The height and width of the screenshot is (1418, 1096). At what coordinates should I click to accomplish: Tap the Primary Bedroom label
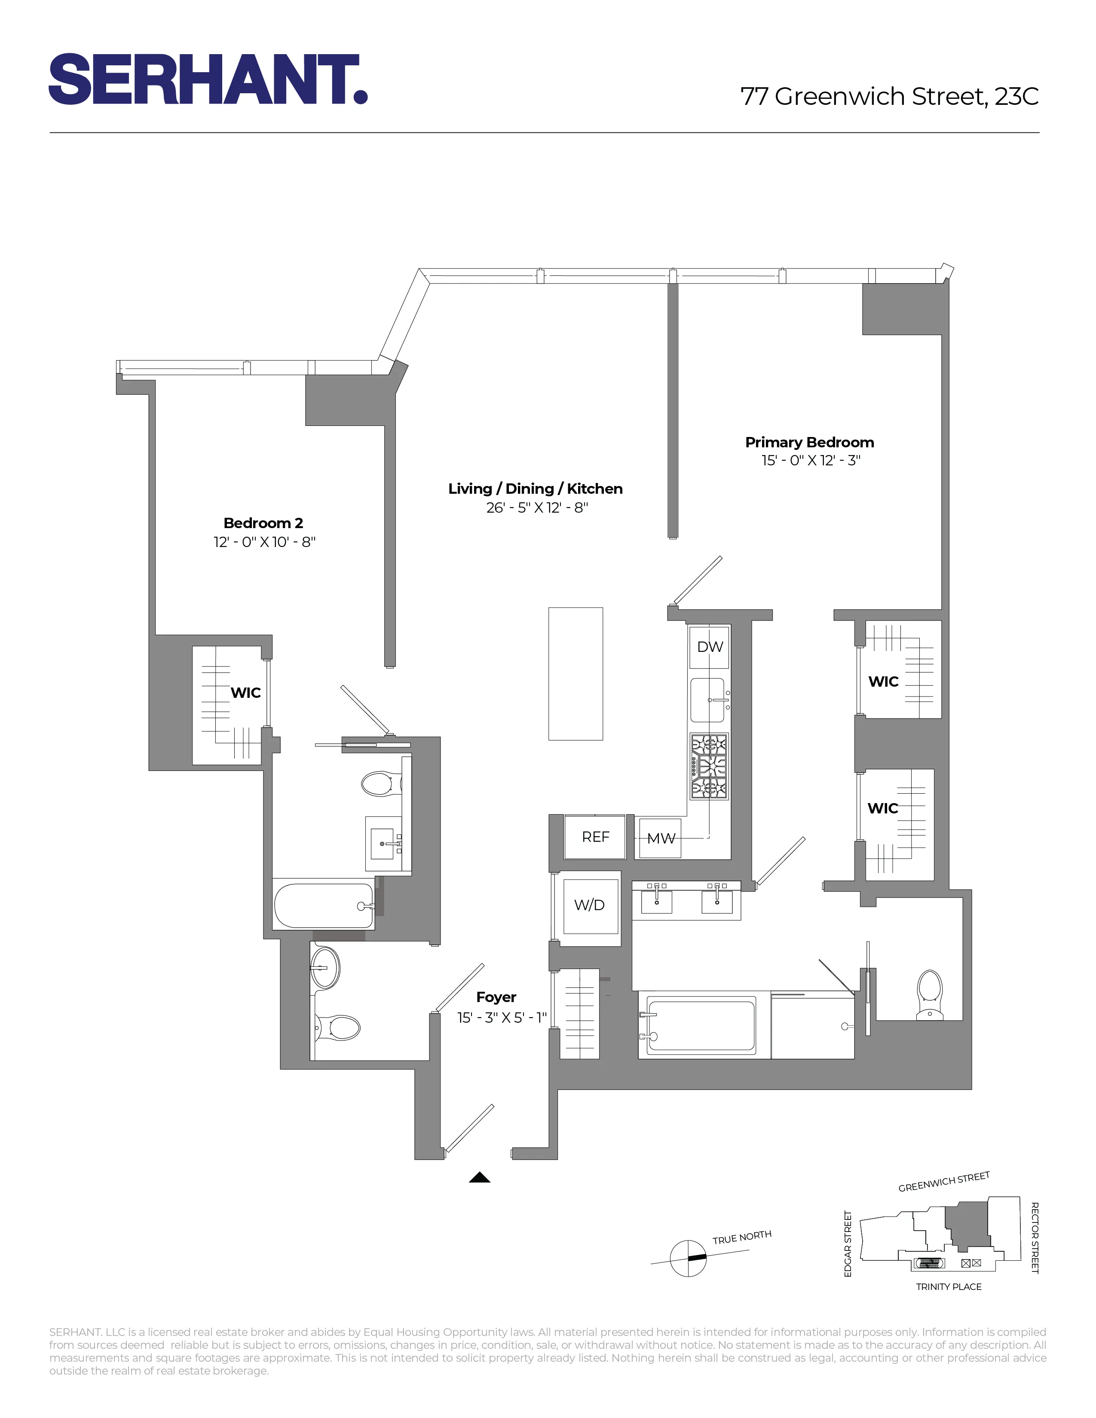click(x=809, y=443)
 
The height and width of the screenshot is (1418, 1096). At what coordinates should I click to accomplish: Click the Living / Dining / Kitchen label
click(x=535, y=489)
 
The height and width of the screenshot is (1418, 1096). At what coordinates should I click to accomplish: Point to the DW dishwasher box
click(x=709, y=647)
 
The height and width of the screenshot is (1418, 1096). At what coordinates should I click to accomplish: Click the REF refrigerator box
click(x=595, y=837)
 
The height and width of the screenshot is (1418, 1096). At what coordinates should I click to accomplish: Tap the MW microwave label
click(x=661, y=839)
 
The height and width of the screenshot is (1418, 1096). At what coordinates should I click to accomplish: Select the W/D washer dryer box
click(x=590, y=905)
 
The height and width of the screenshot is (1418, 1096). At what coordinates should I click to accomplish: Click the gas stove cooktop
click(x=709, y=767)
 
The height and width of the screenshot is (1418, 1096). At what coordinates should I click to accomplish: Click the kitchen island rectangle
click(x=575, y=673)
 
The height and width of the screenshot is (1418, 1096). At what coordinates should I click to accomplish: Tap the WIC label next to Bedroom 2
click(x=245, y=693)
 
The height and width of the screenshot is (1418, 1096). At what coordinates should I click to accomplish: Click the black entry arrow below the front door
click(x=479, y=1177)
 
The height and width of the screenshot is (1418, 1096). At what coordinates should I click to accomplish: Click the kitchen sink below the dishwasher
click(x=708, y=700)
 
